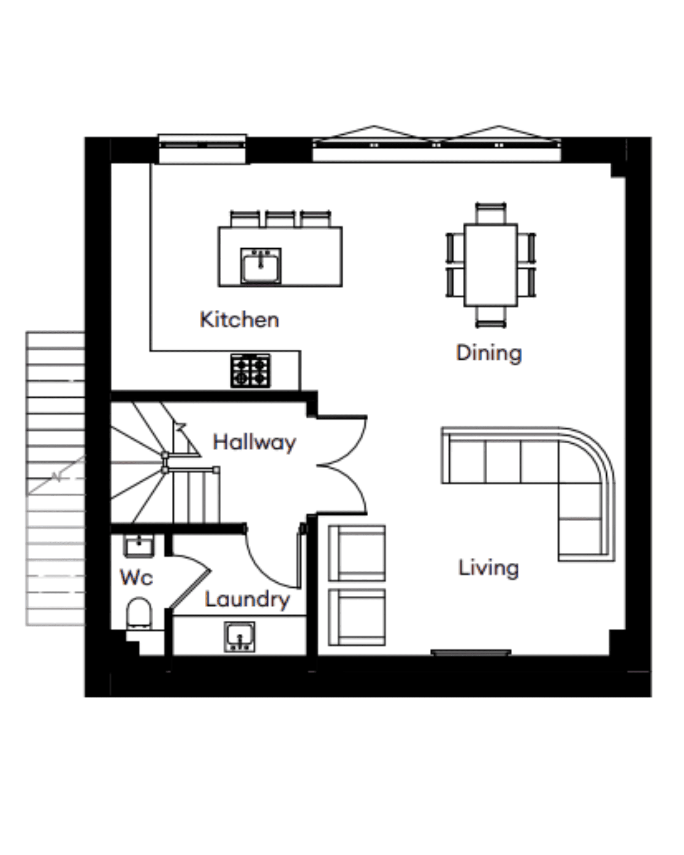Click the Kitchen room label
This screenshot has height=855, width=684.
[x=239, y=320]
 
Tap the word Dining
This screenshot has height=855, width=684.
[x=489, y=353]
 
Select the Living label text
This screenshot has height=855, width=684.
[x=489, y=568]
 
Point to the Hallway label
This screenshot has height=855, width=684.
[x=254, y=443]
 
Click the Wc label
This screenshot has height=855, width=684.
[x=136, y=577]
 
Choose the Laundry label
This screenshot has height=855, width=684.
[x=247, y=600]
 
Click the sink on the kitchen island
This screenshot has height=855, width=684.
[x=261, y=266]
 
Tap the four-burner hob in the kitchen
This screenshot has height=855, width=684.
[x=250, y=371]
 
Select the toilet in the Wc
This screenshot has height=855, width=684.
[x=139, y=613]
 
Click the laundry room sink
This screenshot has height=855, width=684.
[x=239, y=636]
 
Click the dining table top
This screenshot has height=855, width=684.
[x=491, y=265]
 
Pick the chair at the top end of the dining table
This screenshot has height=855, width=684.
[x=491, y=213]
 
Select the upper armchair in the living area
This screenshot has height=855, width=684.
[x=357, y=553]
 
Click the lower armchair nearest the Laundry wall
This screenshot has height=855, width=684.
[x=357, y=617]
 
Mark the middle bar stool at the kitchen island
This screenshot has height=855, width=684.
[x=280, y=219]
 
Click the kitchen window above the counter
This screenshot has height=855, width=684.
[x=202, y=149]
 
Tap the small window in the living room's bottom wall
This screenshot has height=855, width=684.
[x=471, y=653]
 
